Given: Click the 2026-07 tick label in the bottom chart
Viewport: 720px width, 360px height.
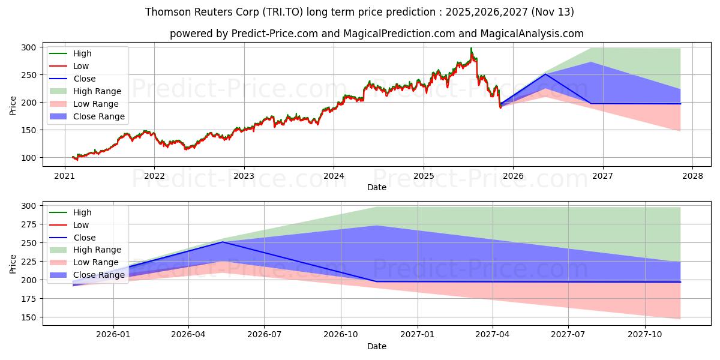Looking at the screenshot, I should (265, 334).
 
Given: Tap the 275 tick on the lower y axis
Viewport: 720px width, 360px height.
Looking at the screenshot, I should (29, 224).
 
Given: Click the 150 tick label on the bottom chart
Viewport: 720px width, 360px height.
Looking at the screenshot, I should (29, 317).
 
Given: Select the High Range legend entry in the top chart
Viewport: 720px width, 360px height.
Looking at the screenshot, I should (97, 91).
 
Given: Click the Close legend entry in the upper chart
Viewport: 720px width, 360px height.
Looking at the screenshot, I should (84, 79).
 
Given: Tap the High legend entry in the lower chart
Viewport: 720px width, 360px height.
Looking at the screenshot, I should (82, 212).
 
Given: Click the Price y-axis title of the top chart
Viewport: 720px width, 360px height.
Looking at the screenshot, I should (13, 105).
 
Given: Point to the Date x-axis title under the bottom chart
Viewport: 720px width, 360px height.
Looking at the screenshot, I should (377, 346).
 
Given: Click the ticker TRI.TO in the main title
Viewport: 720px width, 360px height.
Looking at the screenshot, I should (283, 12).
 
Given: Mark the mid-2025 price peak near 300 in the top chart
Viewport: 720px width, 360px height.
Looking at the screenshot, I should (471, 49).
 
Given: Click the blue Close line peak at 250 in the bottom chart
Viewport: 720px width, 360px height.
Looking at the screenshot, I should (223, 242).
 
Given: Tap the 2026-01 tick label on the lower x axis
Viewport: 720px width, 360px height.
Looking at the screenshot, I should (113, 334).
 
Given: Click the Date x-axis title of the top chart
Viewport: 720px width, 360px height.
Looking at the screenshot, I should (377, 187).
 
